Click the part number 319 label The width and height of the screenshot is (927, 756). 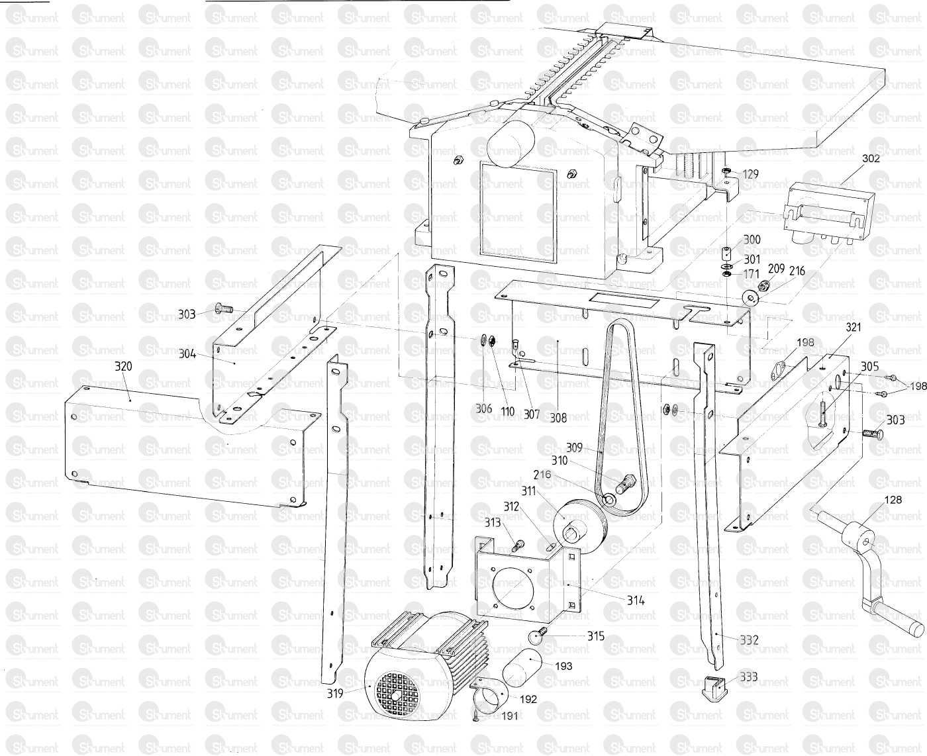[x=335, y=693]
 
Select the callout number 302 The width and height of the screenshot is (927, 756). [x=871, y=158]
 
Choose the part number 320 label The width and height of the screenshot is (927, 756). [x=123, y=366]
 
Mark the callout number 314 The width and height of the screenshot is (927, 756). [x=636, y=600]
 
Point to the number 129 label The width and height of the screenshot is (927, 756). [x=750, y=174]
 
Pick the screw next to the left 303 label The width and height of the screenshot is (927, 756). [x=224, y=308]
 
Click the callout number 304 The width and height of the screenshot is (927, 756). [x=187, y=354]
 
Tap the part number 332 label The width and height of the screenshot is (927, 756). [x=749, y=640]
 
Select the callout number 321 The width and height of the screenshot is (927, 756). [x=854, y=327]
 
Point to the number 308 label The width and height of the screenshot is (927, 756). [x=558, y=418]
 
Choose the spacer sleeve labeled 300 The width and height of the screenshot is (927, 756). [x=727, y=252]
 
